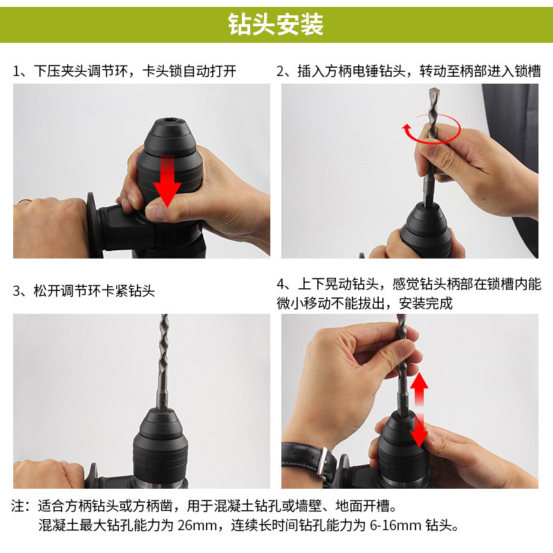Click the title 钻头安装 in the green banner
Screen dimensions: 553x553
tap(276, 24)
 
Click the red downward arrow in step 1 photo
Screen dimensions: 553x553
tap(168, 180)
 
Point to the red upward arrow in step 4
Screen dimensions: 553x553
tap(419, 388)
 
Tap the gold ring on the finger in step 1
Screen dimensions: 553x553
tap(24, 201)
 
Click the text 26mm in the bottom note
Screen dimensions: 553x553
tap(197, 525)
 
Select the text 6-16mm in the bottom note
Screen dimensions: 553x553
tap(395, 525)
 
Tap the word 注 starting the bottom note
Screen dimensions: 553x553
tap(18, 506)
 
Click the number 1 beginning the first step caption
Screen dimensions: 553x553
tap(16, 71)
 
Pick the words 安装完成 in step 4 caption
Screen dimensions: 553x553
tap(425, 303)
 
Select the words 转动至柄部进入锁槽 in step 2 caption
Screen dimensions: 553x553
tap(480, 71)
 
